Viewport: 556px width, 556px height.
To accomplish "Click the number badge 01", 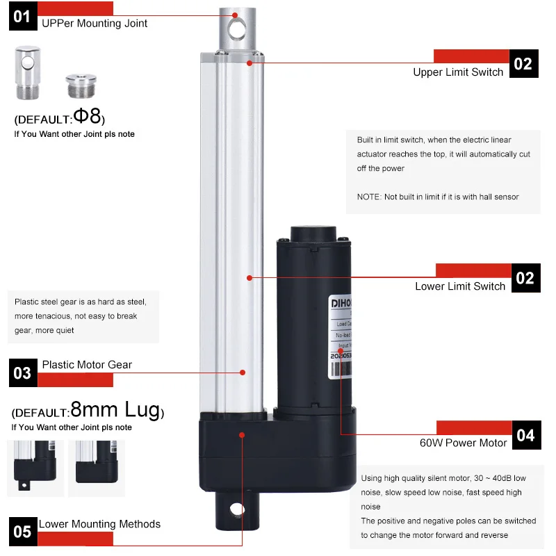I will (x=22, y=15).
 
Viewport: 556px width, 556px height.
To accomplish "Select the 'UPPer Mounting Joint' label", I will (x=95, y=23).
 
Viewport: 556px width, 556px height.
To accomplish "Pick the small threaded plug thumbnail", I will (x=77, y=85).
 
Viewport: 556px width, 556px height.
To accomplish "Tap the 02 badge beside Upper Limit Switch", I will (x=523, y=63).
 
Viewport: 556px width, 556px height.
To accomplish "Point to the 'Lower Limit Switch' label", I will (x=460, y=286).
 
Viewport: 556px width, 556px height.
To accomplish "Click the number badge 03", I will (x=22, y=373).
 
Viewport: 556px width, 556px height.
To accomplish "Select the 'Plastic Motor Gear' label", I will (x=87, y=364).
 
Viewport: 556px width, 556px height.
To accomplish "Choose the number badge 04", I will (x=525, y=435).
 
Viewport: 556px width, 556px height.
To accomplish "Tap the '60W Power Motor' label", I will (x=463, y=443).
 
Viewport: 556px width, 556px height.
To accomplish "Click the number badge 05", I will (x=22, y=532).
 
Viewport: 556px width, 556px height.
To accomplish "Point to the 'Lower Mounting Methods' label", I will (x=99, y=524).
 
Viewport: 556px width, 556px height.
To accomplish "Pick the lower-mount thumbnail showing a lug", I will (x=34, y=467).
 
